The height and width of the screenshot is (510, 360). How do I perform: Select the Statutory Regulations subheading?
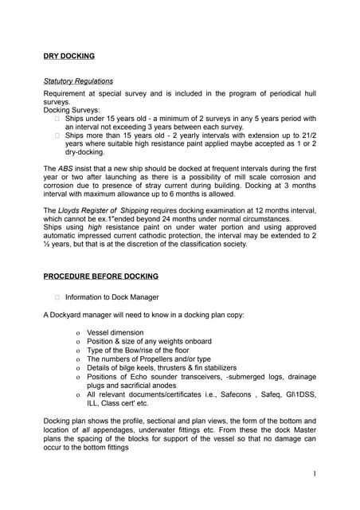coord(77,81)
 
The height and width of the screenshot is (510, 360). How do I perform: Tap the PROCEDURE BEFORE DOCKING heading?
coord(100,276)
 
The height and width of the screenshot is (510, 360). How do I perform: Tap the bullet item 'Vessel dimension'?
coord(115,332)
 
